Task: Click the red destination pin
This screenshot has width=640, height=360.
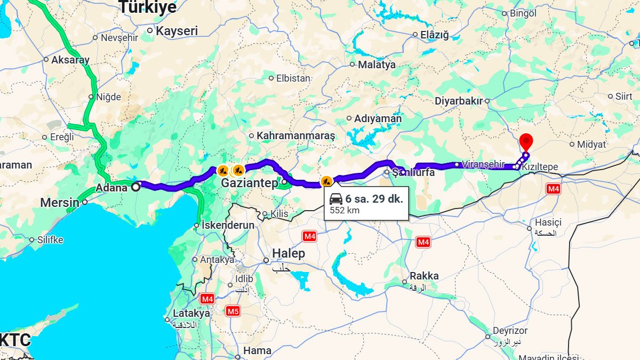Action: pyautogui.click(x=526, y=141)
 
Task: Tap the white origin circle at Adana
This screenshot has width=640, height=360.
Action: pyautogui.click(x=136, y=186)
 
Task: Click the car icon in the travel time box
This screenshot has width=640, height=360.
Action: pyautogui.click(x=336, y=199)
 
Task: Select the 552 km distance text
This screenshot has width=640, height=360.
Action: pyautogui.click(x=345, y=210)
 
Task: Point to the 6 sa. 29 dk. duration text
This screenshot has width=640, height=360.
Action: pyautogui.click(x=374, y=199)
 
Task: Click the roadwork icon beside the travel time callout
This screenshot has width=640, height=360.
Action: pyautogui.click(x=326, y=181)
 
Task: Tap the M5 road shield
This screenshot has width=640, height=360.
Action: pyautogui.click(x=233, y=310)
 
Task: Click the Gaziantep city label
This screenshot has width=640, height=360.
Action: pyautogui.click(x=250, y=183)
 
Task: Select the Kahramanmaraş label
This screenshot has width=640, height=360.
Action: pyautogui.click(x=295, y=136)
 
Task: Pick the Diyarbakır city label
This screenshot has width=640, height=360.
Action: pyautogui.click(x=458, y=101)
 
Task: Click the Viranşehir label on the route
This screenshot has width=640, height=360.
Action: pyautogui.click(x=483, y=164)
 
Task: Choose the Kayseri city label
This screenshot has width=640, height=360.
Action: pyautogui.click(x=176, y=31)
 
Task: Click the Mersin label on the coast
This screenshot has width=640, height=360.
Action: pyautogui.click(x=60, y=203)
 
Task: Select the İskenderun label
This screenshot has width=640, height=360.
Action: pyautogui.click(x=228, y=225)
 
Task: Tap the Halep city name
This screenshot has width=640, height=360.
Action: pyautogui.click(x=289, y=253)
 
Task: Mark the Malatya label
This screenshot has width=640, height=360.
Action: pyautogui.click(x=377, y=65)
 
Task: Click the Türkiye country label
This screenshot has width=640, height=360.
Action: pyautogui.click(x=147, y=7)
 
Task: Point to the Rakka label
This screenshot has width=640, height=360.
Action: pyautogui.click(x=424, y=276)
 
